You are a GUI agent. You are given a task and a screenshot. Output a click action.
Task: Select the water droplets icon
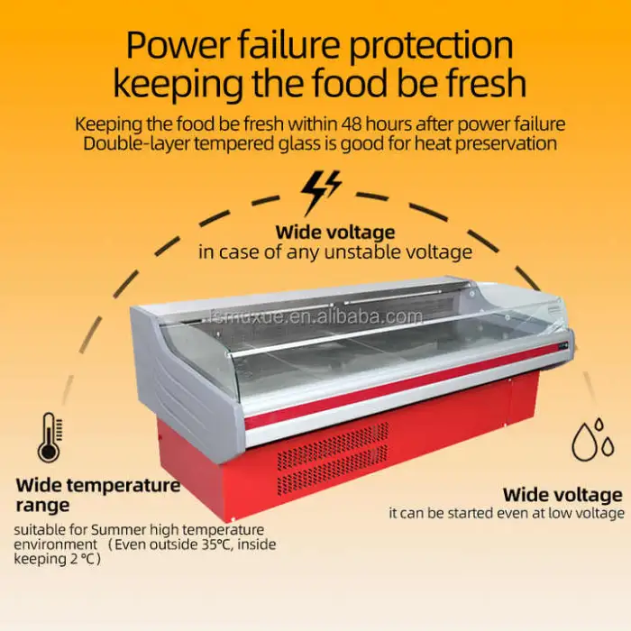(593, 440)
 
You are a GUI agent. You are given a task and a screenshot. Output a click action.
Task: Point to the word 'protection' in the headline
(431, 46)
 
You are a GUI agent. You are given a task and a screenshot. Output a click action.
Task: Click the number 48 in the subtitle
(352, 124)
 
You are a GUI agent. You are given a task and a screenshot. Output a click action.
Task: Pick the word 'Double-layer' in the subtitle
(136, 144)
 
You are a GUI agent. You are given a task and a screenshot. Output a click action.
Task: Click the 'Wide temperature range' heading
(97, 495)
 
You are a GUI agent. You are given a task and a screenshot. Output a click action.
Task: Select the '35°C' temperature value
(214, 544)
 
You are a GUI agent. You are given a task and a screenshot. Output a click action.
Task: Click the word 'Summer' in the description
(115, 530)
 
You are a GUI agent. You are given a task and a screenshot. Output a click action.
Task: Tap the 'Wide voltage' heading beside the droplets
(562, 496)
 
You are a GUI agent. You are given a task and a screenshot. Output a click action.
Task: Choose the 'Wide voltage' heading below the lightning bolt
(335, 233)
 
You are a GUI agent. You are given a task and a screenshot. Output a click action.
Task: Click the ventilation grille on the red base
(333, 458)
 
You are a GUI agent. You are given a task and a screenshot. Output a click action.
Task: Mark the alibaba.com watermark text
(316, 316)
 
